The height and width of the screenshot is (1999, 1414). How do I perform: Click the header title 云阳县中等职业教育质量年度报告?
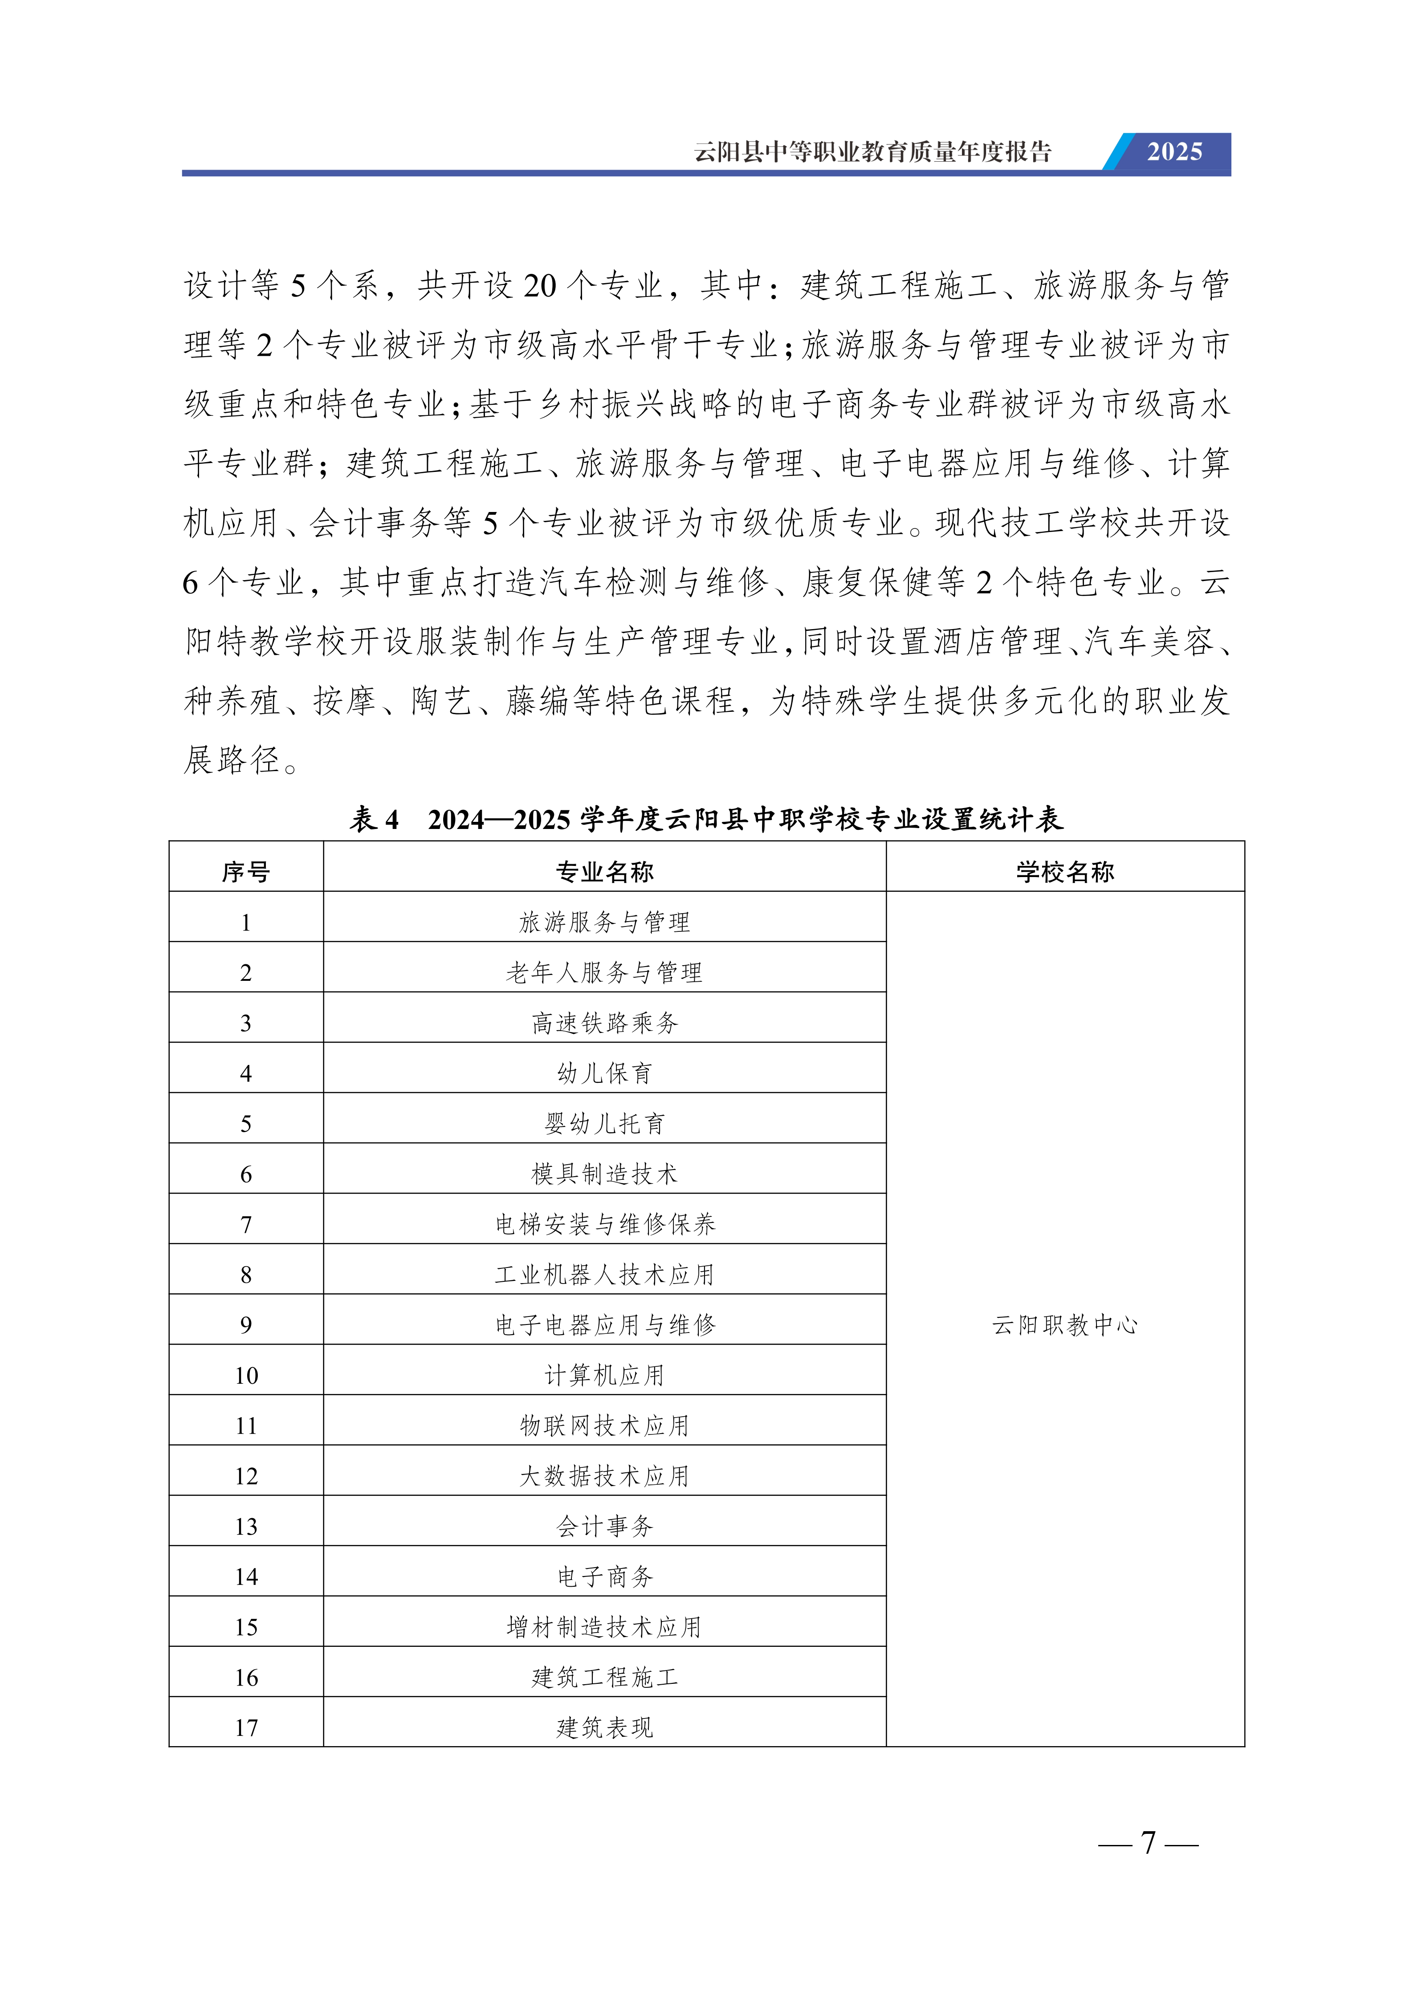tap(872, 152)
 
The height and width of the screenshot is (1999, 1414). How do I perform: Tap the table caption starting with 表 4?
tap(706, 819)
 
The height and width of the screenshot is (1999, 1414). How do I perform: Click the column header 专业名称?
tap(604, 872)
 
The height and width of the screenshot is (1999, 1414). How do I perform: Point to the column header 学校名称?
tap(1065, 872)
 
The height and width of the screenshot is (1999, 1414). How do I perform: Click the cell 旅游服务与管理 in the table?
tap(604, 922)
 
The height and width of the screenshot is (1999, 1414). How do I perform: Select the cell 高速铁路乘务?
tap(604, 1023)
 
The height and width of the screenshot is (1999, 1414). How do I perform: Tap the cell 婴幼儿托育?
tap(604, 1124)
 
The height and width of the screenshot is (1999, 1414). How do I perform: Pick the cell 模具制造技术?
tap(604, 1174)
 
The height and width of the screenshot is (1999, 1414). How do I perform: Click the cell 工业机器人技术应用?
tap(604, 1276)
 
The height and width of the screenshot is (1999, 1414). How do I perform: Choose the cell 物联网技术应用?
tap(604, 1426)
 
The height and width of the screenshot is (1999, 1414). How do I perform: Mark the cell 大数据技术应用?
tap(604, 1477)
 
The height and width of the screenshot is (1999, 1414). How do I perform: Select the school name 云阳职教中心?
tap(1065, 1325)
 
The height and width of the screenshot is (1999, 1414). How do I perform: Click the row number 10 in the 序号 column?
tap(246, 1376)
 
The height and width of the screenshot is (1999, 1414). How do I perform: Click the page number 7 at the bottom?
tap(1149, 1843)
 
